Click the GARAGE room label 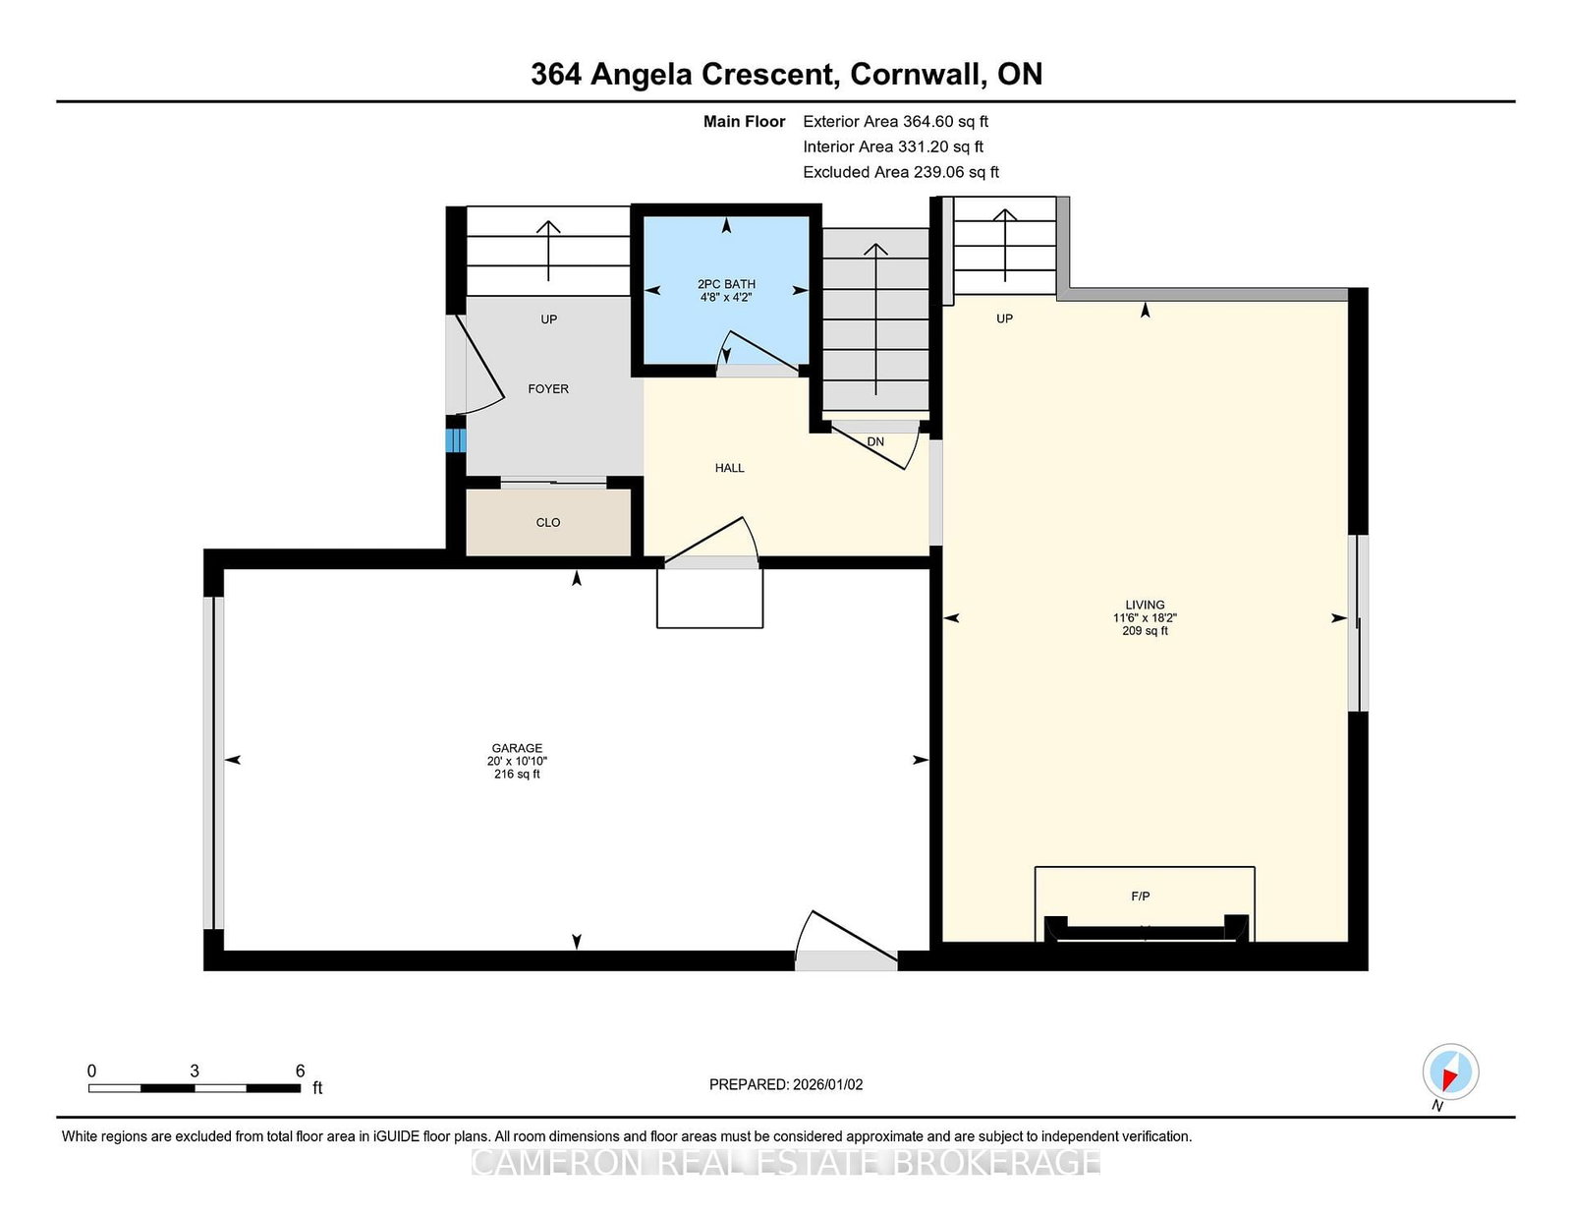click(x=517, y=748)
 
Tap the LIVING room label click(x=1145, y=605)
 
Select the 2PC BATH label click(x=726, y=284)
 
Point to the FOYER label click(x=547, y=388)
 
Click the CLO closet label click(x=547, y=522)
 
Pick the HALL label click(x=729, y=468)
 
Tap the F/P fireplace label click(x=1140, y=897)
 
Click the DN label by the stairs click(x=875, y=441)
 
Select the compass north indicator click(x=1450, y=1072)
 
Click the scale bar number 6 click(x=301, y=1071)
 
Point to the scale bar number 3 click(x=195, y=1071)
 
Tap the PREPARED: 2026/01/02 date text click(x=786, y=1084)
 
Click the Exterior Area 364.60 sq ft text click(x=895, y=122)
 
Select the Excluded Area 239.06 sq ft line click(x=901, y=172)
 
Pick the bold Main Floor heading click(x=744, y=122)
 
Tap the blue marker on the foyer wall click(x=455, y=440)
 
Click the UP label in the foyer click(x=548, y=319)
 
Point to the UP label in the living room click(x=1004, y=318)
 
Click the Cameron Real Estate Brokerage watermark click(x=786, y=1163)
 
